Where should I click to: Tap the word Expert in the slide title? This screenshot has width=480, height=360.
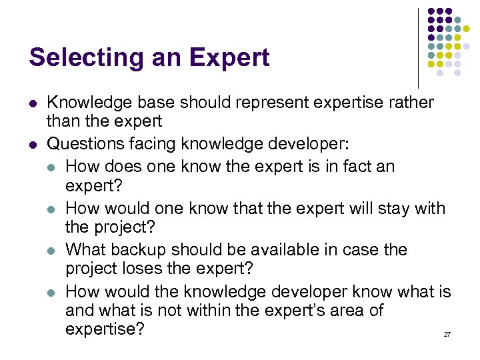[x=230, y=57]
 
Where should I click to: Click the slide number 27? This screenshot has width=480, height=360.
[x=447, y=333]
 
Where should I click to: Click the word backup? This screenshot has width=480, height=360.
[x=141, y=250]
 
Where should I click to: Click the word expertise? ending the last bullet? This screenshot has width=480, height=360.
[x=105, y=329]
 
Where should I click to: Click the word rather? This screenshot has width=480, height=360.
[x=410, y=103]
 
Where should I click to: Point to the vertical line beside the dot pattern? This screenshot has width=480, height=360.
[x=418, y=47]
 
